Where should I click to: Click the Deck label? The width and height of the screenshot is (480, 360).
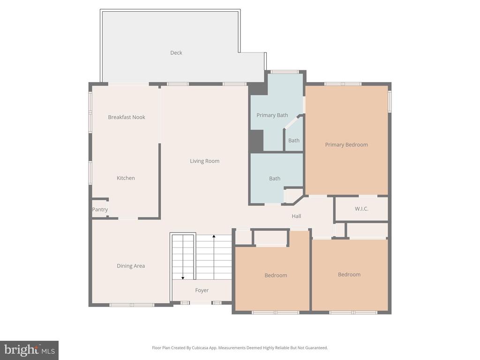click(x=176, y=53)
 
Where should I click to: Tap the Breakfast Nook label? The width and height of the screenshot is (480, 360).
click(x=127, y=117)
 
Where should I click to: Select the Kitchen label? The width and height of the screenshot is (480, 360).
click(x=126, y=178)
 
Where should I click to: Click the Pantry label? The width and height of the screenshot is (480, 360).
click(x=100, y=210)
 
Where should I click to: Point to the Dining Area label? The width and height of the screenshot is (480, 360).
click(x=131, y=266)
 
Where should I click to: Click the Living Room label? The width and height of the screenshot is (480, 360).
click(x=204, y=161)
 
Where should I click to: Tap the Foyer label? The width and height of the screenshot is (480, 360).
click(x=202, y=291)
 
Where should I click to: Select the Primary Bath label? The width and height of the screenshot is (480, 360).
click(x=272, y=115)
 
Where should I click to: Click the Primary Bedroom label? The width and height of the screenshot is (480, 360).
click(x=346, y=145)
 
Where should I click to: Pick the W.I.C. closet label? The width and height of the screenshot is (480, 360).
click(x=361, y=209)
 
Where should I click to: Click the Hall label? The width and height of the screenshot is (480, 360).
click(x=296, y=216)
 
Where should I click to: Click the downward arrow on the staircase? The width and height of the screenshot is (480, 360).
click(x=183, y=277)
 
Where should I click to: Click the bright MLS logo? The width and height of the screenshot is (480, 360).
click(x=29, y=350)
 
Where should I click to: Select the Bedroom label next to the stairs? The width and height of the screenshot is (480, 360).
click(x=276, y=276)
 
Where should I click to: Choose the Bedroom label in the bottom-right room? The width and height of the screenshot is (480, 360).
click(x=349, y=275)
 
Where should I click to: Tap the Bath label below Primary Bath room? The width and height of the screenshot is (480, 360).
click(x=275, y=179)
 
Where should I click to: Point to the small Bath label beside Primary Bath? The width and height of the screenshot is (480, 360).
click(x=294, y=141)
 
